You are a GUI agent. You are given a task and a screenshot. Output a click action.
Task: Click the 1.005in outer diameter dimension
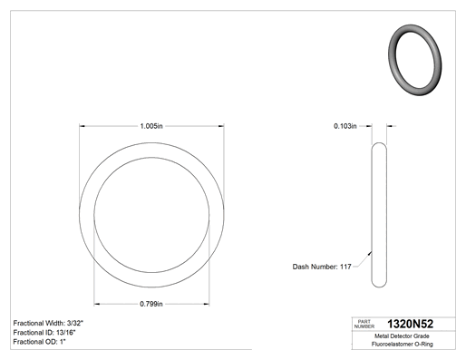tap(151, 126)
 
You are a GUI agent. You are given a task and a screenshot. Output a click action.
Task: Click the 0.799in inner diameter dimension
tap(151, 304)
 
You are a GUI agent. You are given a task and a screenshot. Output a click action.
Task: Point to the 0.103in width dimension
tap(345, 126)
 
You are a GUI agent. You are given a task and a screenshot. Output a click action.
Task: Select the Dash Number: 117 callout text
tap(322, 267)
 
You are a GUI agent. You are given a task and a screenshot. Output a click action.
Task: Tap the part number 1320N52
tap(410, 324)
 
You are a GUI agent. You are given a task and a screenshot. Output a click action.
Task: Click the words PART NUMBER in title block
tap(364, 324)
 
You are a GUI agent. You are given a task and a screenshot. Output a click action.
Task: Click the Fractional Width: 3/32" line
tap(48, 323)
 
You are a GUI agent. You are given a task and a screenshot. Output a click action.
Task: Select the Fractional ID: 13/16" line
tap(44, 333)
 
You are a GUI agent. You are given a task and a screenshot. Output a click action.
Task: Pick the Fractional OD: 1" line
tap(40, 342)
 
